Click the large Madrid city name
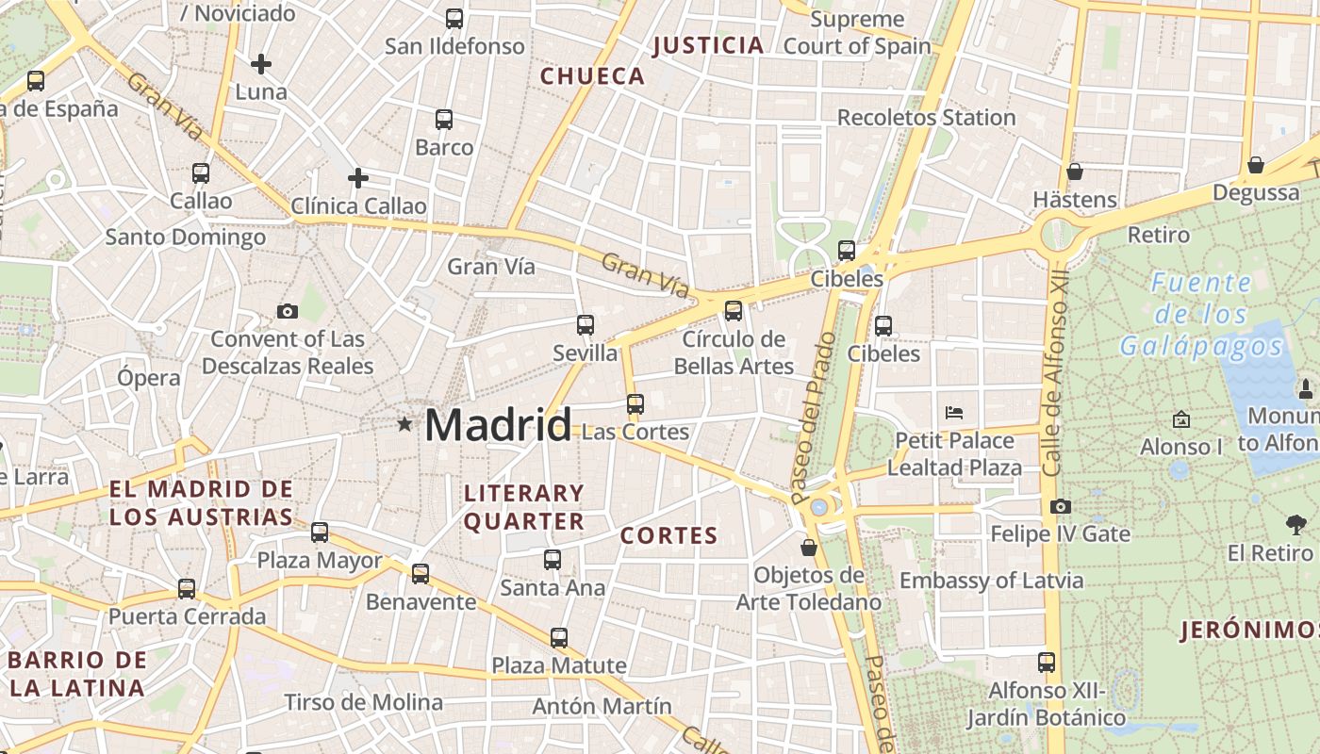pyautogui.click(x=498, y=425)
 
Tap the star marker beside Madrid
pyautogui.click(x=404, y=424)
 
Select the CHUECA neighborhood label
pyautogui.click(x=592, y=76)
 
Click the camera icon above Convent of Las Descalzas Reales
pyautogui.click(x=288, y=311)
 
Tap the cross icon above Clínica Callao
pyautogui.click(x=358, y=177)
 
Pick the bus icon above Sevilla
pyautogui.click(x=586, y=325)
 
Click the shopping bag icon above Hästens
pyautogui.click(x=1074, y=172)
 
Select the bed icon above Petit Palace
pyautogui.click(x=954, y=412)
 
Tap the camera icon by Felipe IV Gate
pyautogui.click(x=1061, y=507)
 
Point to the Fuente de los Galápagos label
pyautogui.click(x=1202, y=314)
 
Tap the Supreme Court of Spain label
pyautogui.click(x=857, y=32)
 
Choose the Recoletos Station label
pyautogui.click(x=926, y=118)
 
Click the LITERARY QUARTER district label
pyautogui.click(x=524, y=507)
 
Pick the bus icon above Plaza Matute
pyautogui.click(x=559, y=638)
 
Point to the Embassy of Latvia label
pyautogui.click(x=991, y=581)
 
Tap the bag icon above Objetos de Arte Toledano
pyautogui.click(x=808, y=548)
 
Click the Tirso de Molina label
pyautogui.click(x=363, y=702)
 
